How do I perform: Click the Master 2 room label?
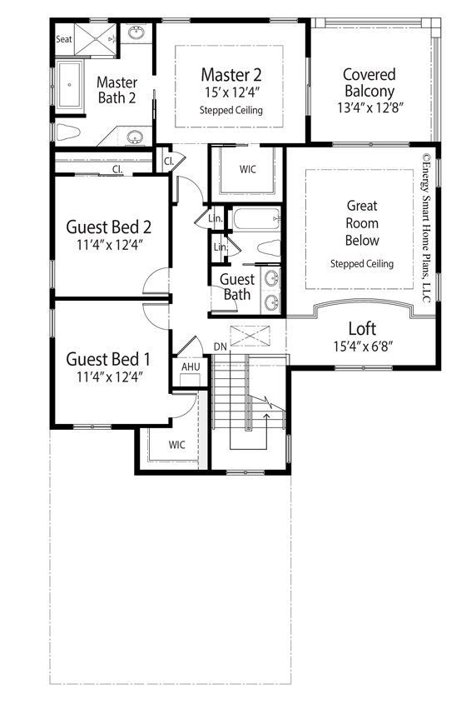[231, 74]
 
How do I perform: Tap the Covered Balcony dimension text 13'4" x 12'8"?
[369, 107]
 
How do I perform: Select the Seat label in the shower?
[63, 39]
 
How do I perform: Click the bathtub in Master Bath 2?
[69, 84]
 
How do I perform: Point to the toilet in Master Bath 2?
[68, 132]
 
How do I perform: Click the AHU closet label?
[191, 366]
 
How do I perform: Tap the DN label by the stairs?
[221, 347]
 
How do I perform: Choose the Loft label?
[362, 329]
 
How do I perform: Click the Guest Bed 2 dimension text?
[110, 245]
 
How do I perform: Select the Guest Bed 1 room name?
[108, 359]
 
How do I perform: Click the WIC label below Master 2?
[248, 169]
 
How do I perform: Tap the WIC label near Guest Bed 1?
[177, 445]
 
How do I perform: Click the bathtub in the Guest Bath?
[256, 219]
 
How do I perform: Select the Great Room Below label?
[362, 223]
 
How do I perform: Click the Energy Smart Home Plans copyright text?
[426, 228]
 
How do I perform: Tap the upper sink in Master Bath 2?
[136, 33]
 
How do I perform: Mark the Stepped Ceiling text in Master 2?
[231, 110]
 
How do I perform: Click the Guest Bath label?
[237, 287]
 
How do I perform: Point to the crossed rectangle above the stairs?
[250, 336]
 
